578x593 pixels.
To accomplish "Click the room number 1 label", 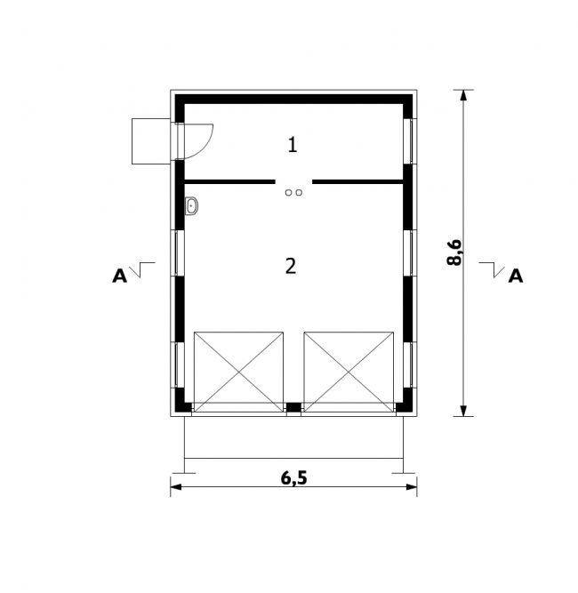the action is [293, 145].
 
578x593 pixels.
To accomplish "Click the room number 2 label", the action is [291, 266].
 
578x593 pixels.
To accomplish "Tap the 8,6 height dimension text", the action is [454, 252].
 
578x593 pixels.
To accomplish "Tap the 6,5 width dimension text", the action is [294, 478].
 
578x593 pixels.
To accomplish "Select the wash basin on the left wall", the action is [192, 206].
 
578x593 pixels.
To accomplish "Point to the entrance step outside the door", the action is [151, 141].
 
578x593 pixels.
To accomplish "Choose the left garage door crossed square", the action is [238, 373].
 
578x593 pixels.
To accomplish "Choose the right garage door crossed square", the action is [349, 373].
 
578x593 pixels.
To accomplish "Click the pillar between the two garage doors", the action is [293, 407].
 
